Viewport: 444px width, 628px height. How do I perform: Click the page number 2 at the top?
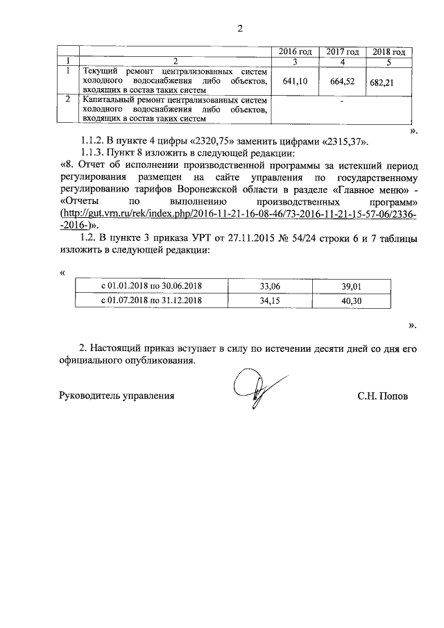(x=240, y=29)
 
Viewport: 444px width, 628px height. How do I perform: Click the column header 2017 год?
(x=342, y=52)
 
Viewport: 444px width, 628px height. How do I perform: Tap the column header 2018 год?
(x=388, y=52)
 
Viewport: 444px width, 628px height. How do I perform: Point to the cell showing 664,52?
(x=343, y=81)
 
